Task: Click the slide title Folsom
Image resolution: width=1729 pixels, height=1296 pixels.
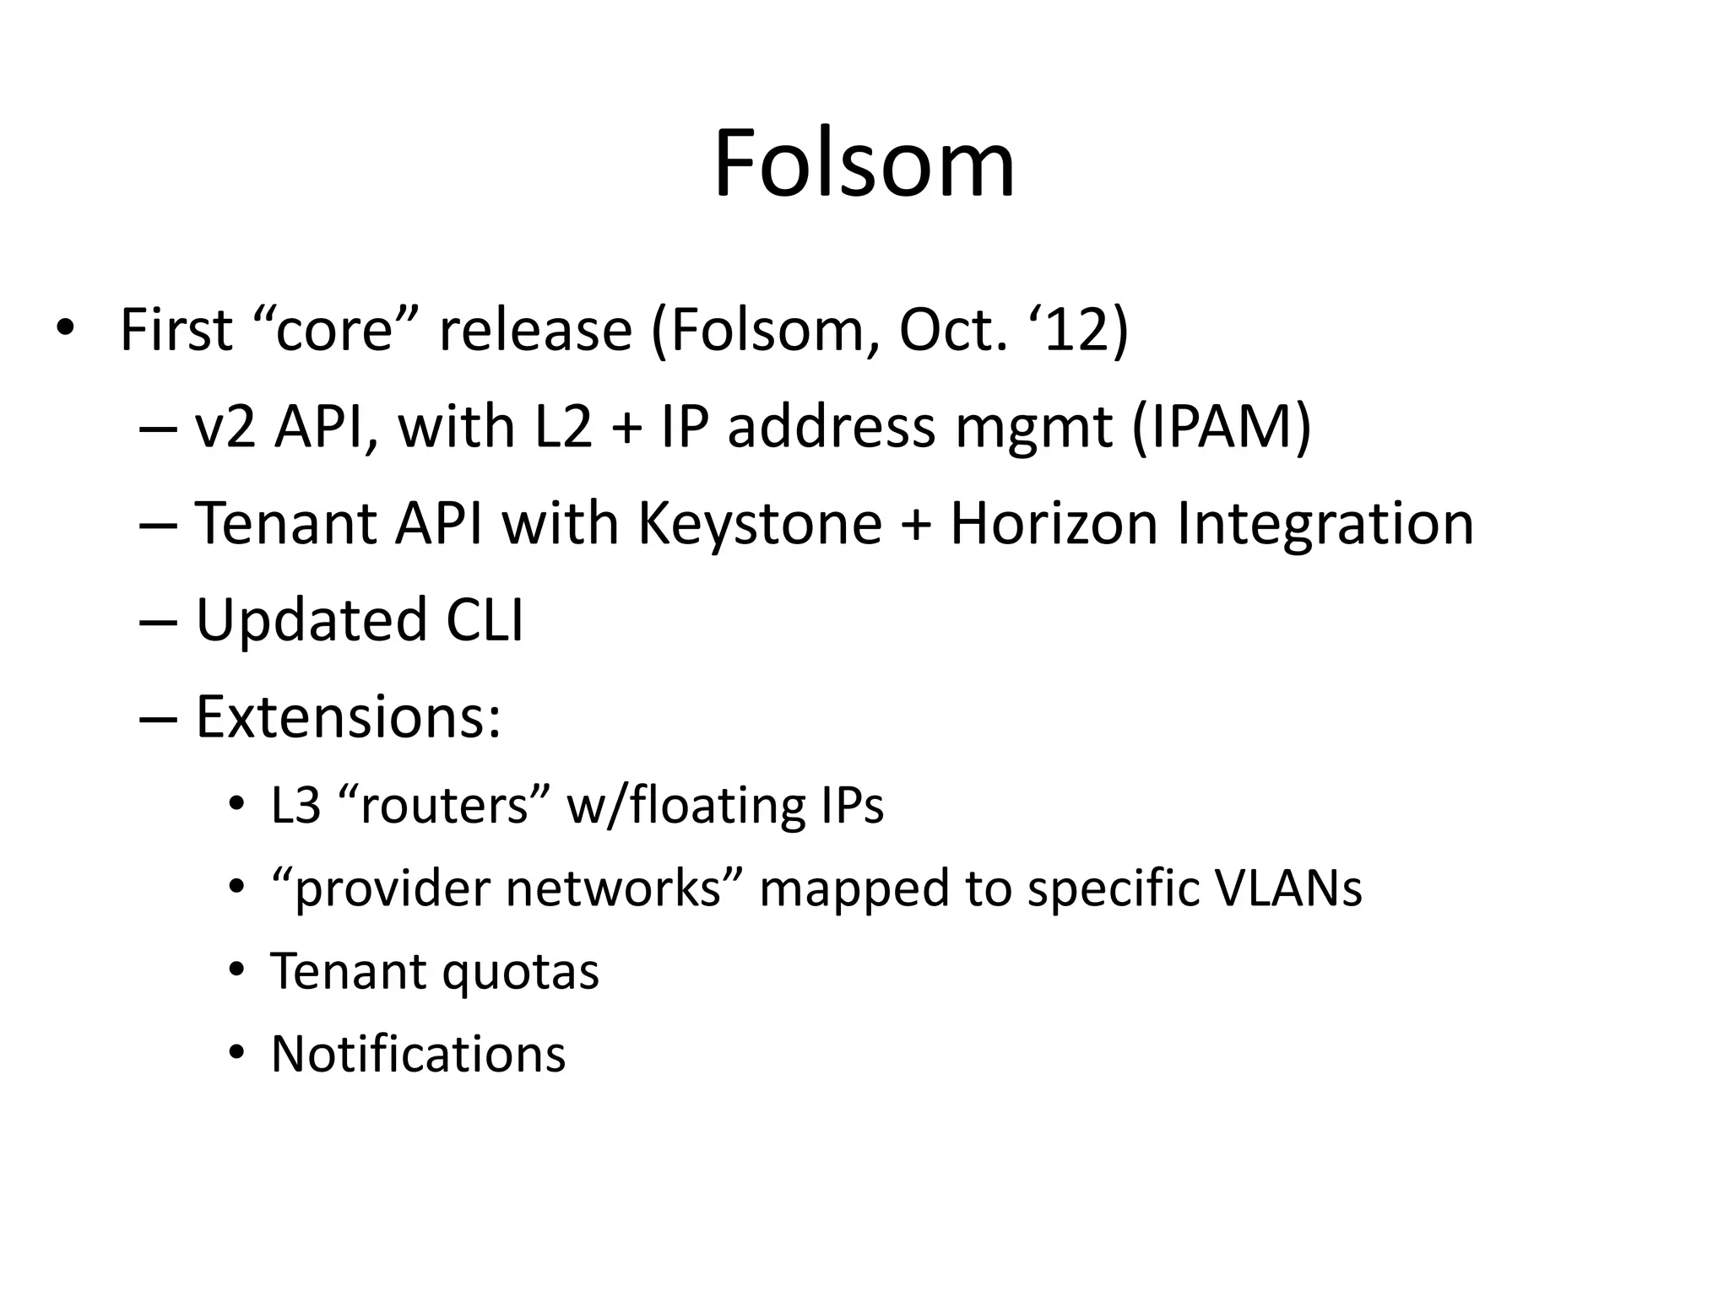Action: click(864, 164)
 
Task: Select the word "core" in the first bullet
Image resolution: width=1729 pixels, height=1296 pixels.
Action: click(335, 330)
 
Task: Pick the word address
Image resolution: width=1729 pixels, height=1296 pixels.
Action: click(832, 427)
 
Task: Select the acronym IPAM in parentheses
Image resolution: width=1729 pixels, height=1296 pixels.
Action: click(1221, 427)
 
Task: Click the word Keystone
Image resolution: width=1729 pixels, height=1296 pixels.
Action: click(760, 524)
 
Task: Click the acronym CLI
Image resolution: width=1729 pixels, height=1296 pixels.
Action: click(484, 620)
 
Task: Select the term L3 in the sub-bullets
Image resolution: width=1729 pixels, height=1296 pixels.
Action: click(295, 805)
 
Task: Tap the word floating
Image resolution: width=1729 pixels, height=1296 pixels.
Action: click(709, 805)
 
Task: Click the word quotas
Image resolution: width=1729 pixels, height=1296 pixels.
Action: click(520, 972)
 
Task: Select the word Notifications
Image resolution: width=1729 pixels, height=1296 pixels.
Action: click(418, 1055)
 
